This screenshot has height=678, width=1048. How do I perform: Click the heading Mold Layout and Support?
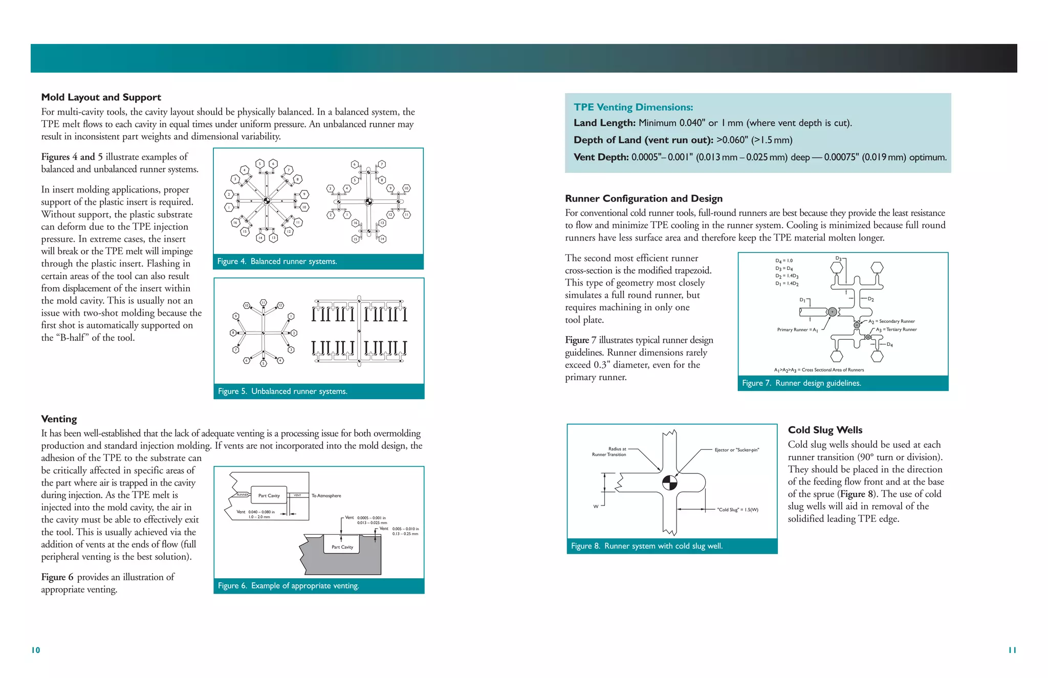[101, 97]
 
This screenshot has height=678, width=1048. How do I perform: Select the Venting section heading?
[59, 419]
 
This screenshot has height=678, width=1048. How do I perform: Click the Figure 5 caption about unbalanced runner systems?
[282, 391]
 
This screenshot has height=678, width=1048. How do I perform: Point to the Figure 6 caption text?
[288, 586]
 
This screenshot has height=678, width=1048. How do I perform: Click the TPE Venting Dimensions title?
[633, 107]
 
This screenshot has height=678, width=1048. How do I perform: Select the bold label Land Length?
[604, 123]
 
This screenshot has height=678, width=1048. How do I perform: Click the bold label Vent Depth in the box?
[601, 157]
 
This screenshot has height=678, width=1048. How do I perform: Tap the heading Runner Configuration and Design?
[643, 199]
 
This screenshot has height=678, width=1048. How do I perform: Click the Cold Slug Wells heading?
[824, 430]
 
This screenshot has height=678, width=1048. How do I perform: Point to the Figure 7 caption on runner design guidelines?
[801, 383]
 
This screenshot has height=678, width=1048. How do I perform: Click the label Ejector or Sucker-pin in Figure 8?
[736, 450]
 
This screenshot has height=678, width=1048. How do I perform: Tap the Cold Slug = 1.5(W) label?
[737, 510]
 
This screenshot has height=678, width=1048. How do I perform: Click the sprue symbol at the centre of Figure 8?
[669, 483]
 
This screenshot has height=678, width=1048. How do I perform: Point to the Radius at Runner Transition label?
[609, 452]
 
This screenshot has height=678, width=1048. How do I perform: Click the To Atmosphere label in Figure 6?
[326, 495]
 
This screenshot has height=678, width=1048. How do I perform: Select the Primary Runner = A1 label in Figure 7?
[797, 330]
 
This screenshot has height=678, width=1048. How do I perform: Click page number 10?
[36, 650]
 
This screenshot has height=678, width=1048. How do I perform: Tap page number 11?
[1012, 650]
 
